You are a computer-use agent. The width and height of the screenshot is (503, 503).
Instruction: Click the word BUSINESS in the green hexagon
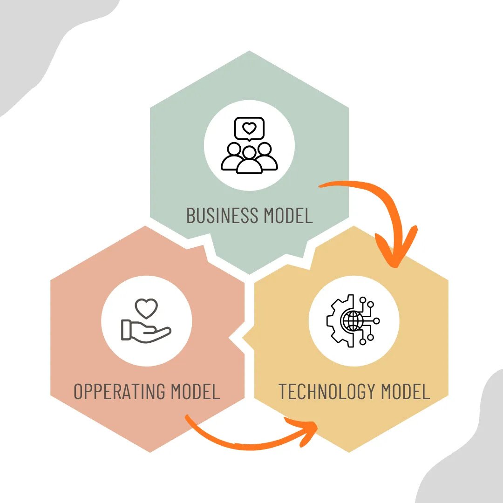(x=223, y=216)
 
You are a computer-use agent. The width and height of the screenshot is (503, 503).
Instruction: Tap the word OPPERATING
(x=120, y=391)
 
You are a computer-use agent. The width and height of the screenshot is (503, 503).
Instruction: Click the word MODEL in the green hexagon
(x=288, y=216)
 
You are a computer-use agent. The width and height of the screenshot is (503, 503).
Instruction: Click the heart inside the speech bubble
(x=250, y=128)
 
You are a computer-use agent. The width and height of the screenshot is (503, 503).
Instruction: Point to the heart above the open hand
(x=146, y=308)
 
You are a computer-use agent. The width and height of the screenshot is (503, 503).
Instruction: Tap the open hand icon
(x=145, y=331)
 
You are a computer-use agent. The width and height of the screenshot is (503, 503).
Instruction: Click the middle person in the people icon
(x=250, y=161)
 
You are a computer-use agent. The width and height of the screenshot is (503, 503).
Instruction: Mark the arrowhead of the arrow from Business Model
(x=395, y=254)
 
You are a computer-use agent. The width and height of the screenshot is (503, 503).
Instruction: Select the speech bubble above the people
(x=250, y=129)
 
